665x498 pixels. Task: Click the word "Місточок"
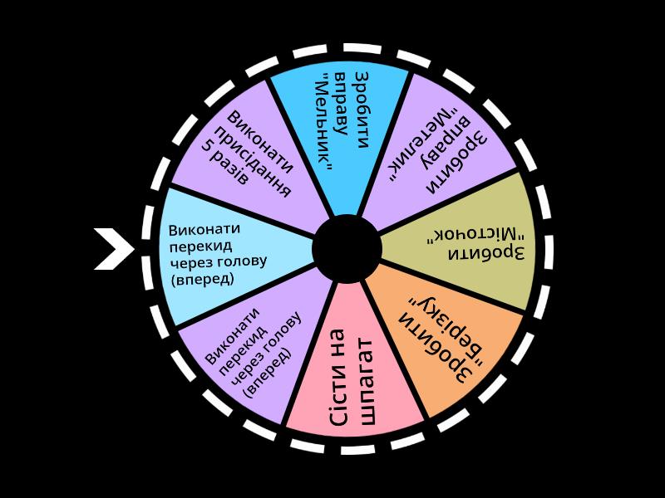click(470, 232)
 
